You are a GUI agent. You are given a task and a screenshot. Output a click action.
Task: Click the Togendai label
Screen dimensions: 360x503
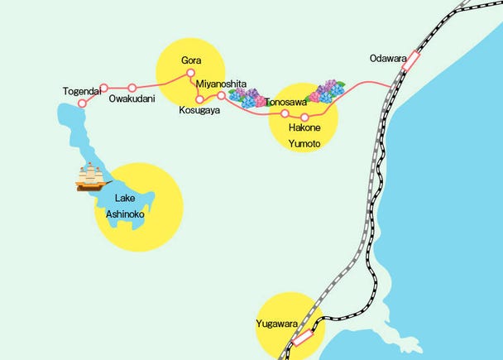tap(82, 91)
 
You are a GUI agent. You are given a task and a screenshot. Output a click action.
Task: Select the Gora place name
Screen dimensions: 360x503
tap(191, 60)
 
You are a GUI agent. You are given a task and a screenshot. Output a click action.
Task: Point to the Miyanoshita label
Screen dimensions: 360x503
tap(222, 84)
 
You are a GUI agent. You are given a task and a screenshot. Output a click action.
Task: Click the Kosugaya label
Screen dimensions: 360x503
tap(199, 110)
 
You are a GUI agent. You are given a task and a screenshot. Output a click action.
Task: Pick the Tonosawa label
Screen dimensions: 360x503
tap(286, 103)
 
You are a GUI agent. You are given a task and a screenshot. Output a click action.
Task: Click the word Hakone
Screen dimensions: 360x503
tap(304, 129)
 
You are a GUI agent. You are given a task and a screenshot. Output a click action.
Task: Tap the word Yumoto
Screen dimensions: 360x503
tap(304, 144)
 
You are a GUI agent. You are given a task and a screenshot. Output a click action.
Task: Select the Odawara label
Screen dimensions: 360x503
tap(389, 59)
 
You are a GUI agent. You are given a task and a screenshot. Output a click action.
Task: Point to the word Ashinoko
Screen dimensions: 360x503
tap(125, 214)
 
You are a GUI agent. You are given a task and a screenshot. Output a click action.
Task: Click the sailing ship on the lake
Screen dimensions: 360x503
tap(93, 176)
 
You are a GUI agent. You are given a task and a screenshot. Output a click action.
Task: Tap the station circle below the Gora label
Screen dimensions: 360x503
tap(190, 73)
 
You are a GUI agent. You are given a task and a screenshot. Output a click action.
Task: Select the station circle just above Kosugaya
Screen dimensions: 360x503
tap(199, 99)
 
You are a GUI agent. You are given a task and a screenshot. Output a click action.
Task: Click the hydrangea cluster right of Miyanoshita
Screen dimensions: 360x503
tap(247, 98)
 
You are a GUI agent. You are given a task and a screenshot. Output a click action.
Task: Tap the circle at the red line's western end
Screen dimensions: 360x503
tap(81, 103)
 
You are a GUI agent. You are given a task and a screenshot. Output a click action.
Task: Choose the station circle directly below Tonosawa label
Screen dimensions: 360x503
tap(285, 113)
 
